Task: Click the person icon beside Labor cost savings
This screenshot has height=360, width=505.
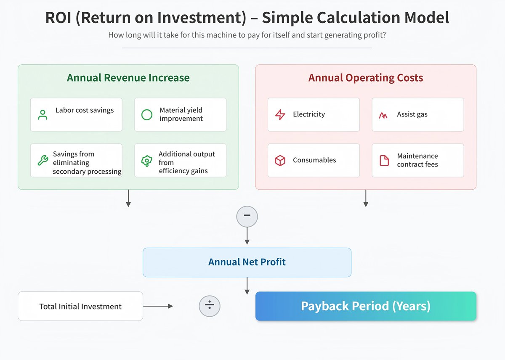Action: [43, 115]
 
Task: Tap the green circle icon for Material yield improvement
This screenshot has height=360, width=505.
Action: [146, 115]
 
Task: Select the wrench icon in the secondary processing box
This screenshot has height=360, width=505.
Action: [43, 160]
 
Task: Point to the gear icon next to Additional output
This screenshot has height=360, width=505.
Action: [146, 160]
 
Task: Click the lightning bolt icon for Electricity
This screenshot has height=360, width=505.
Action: [280, 114]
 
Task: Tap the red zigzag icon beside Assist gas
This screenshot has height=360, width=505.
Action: [383, 115]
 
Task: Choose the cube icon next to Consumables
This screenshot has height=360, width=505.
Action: [280, 160]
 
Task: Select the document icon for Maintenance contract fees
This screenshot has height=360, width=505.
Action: [384, 160]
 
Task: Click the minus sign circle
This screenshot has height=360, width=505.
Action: [247, 217]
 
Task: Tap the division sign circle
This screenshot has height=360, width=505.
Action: [209, 306]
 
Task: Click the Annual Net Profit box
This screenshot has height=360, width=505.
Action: [247, 262]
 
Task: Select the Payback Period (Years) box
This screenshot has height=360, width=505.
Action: [365, 306]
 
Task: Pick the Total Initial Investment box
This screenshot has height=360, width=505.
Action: [80, 306]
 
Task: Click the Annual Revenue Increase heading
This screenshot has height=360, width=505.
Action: [128, 78]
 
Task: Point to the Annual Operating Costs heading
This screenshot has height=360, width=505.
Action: [365, 78]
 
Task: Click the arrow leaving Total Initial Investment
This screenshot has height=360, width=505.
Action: [158, 306]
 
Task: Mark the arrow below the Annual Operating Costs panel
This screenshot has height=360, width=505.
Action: [366, 198]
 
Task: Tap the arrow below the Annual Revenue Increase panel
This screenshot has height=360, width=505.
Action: [128, 198]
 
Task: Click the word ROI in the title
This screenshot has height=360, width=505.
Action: [59, 18]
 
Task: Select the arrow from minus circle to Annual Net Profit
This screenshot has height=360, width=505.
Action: [247, 236]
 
